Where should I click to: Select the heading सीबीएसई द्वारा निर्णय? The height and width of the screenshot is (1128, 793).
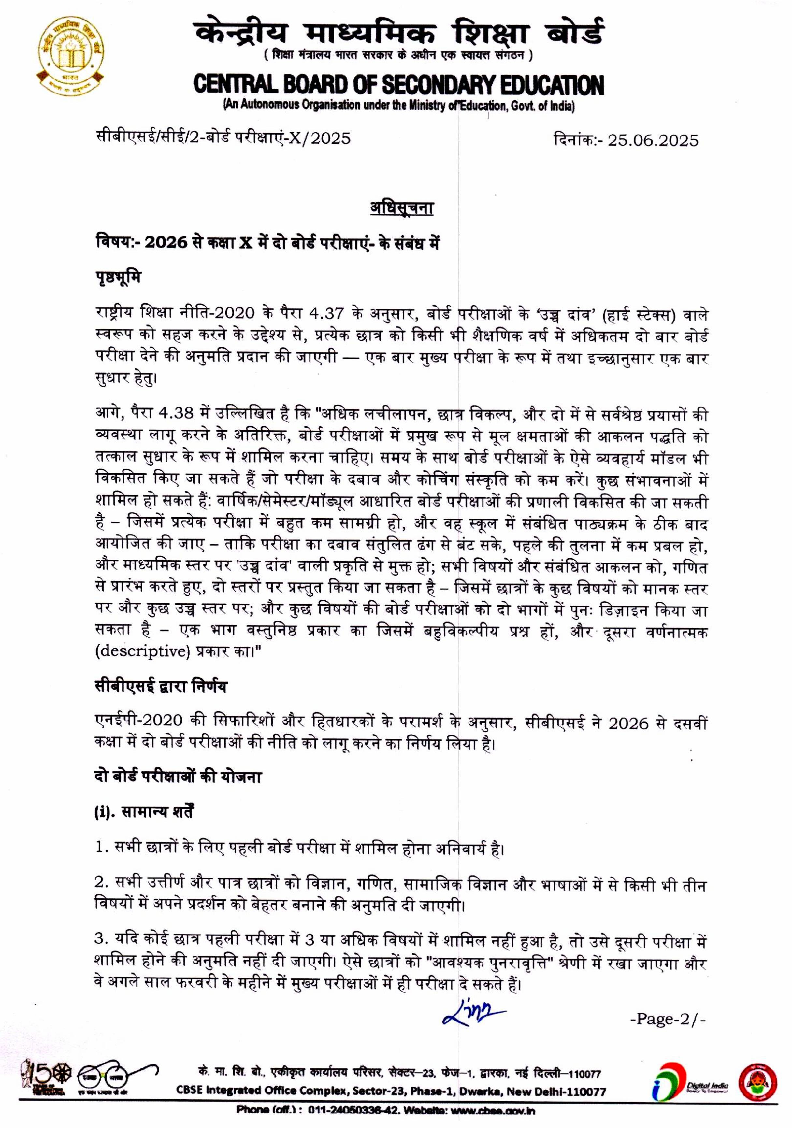tap(161, 686)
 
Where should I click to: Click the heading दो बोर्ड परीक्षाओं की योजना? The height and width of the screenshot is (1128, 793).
tap(178, 777)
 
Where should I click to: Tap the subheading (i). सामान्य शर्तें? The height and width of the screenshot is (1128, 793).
tap(143, 812)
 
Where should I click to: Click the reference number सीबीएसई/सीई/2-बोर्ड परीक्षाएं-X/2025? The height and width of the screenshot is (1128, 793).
tap(223, 138)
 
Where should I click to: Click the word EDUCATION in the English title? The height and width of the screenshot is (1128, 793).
tap(552, 85)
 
